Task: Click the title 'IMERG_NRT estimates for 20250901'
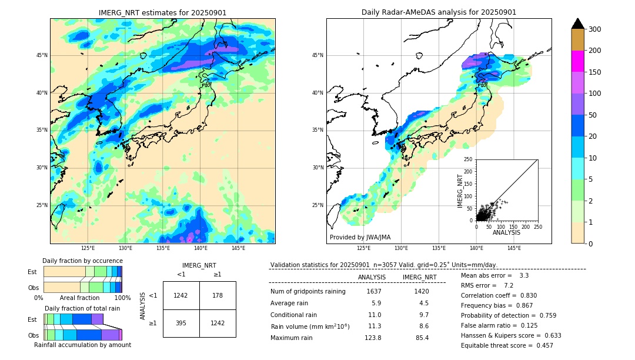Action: [162, 12]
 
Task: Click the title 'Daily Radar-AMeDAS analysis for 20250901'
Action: [439, 12]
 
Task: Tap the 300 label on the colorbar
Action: [595, 29]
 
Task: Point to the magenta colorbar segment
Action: [577, 61]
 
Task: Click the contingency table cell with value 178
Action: [218, 295]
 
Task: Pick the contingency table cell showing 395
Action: [181, 323]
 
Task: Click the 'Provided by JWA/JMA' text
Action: [360, 238]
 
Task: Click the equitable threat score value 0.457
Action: [541, 345]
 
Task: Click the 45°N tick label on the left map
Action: [42, 55]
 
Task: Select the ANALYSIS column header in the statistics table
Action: [372, 277]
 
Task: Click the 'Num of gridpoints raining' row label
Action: [308, 291]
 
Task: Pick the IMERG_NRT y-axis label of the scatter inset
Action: [460, 189]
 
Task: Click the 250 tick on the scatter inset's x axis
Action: [537, 226]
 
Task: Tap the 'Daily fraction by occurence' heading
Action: [82, 261]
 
